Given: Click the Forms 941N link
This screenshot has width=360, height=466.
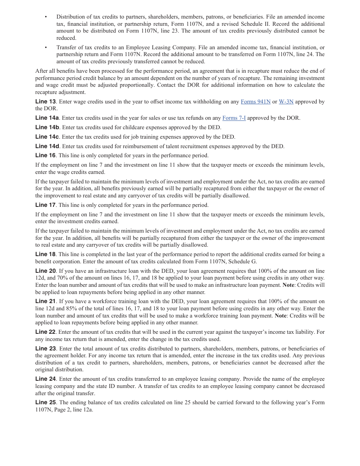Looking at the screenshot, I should [255, 102].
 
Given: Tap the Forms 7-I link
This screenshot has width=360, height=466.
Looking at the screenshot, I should [234, 118].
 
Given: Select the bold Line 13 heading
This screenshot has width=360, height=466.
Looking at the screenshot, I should [45, 102].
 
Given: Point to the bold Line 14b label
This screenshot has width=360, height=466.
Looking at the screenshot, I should [47, 128].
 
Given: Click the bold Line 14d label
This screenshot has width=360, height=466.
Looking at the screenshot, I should [47, 146].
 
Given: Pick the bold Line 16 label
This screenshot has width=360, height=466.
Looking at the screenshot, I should [45, 155].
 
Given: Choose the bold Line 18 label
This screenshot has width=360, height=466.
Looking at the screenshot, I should [45, 254].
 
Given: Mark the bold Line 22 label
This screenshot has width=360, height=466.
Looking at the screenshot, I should [45, 332].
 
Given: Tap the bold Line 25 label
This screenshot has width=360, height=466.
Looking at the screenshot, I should [45, 402].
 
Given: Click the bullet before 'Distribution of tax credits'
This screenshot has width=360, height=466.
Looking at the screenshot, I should [46, 17].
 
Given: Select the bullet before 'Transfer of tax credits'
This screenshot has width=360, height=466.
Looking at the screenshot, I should [46, 48].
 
